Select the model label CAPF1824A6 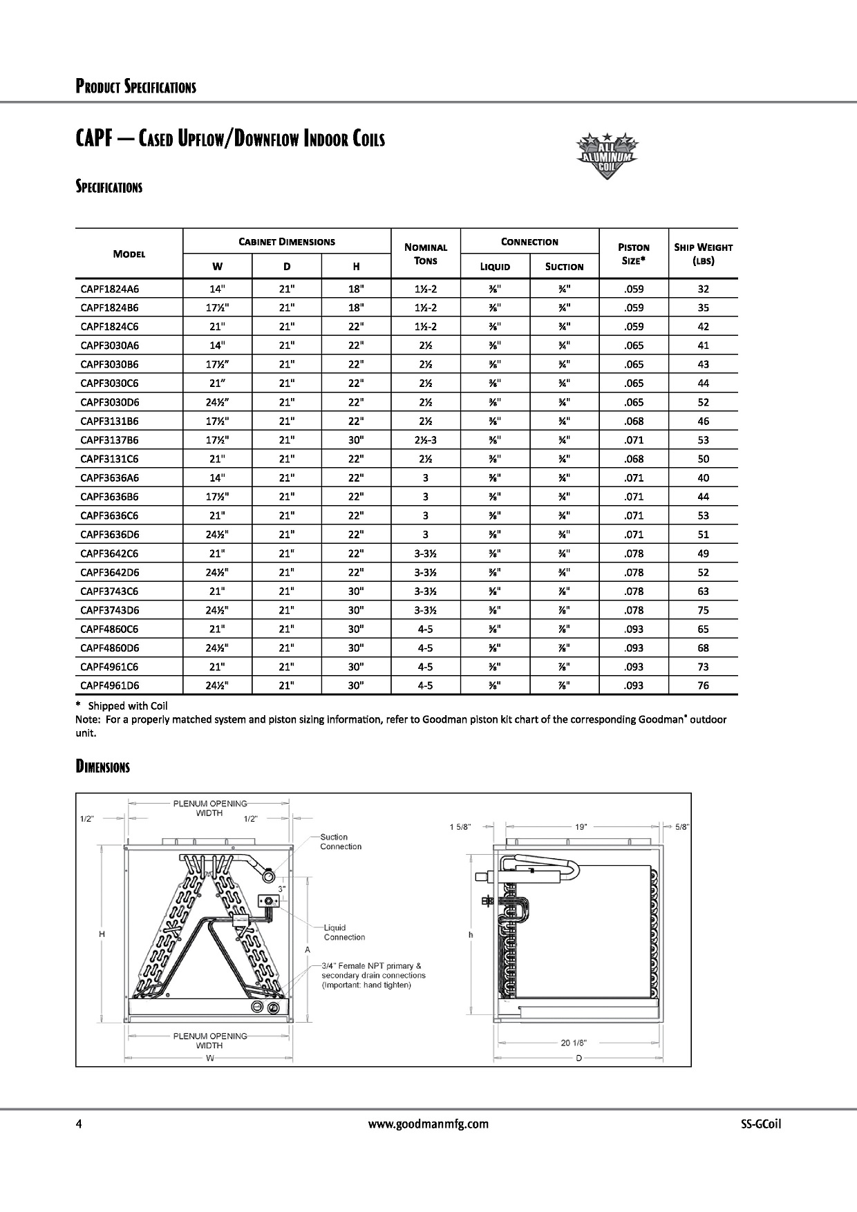109,289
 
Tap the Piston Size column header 633,254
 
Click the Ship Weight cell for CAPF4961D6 703,685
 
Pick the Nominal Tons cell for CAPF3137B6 425,440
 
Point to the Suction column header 564,267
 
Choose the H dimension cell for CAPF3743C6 356,591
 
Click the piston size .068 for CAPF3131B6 633,421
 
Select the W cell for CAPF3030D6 218,402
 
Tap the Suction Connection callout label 341,842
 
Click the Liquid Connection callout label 344,933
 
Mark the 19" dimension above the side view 581,826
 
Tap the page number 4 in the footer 79,1124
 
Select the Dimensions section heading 102,767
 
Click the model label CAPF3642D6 109,572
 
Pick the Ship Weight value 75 703,610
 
